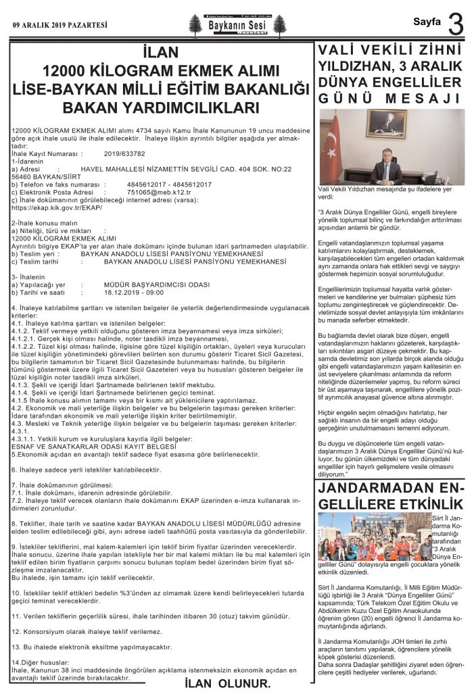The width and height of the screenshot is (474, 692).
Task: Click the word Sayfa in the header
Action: point(427,22)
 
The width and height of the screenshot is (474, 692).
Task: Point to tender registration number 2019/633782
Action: point(125,153)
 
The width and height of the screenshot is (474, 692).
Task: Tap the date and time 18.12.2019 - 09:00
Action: point(134,292)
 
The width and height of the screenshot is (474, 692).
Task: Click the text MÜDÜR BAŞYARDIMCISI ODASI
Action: point(151,285)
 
